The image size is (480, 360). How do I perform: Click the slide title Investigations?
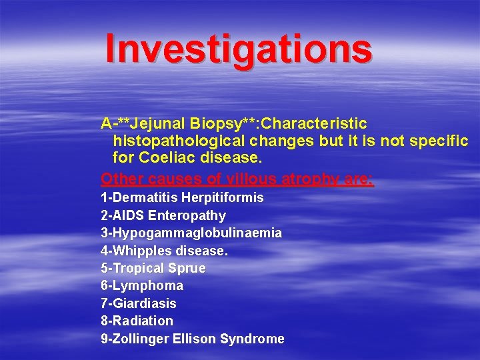pyautogui.click(x=238, y=49)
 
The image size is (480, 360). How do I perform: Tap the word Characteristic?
pyautogui.click(x=315, y=124)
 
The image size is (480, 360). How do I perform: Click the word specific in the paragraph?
pyautogui.click(x=438, y=141)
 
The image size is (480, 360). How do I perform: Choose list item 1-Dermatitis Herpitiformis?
pyautogui.click(x=182, y=198)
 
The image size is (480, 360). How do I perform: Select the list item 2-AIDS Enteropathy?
pyautogui.click(x=163, y=215)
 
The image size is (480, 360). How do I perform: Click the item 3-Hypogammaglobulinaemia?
pyautogui.click(x=191, y=233)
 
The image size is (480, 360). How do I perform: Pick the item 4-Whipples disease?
pyautogui.click(x=164, y=251)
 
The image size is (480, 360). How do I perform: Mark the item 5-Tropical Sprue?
pyautogui.click(x=153, y=268)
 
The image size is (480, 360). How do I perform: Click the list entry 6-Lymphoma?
pyautogui.click(x=142, y=285)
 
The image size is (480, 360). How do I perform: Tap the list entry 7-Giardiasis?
pyautogui.click(x=139, y=303)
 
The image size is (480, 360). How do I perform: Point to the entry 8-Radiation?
pyautogui.click(x=137, y=321)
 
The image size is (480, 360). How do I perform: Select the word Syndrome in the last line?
pyautogui.click(x=256, y=339)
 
